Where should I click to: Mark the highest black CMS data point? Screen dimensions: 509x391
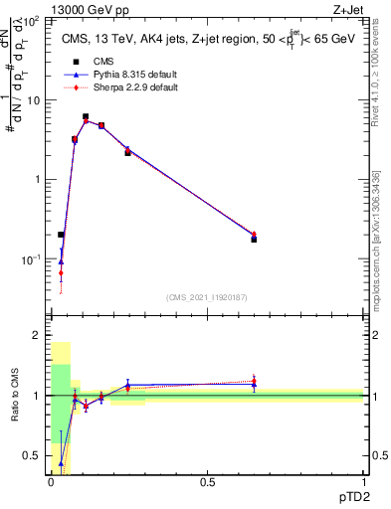[x=86, y=117]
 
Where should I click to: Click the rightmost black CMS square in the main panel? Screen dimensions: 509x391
[x=254, y=240]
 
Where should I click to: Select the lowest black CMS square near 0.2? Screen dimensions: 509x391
[x=61, y=235]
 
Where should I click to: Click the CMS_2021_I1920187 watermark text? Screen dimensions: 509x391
[x=206, y=297]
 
